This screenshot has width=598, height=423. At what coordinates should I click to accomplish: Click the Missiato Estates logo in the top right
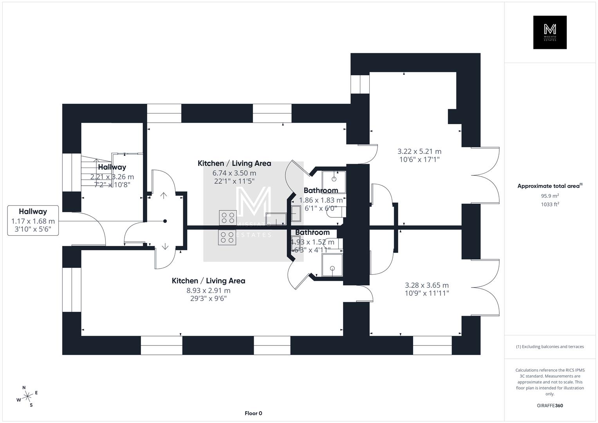[549, 32]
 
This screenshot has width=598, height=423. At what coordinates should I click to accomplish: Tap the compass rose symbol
[27, 396]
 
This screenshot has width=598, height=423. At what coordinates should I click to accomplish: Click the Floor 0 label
[253, 413]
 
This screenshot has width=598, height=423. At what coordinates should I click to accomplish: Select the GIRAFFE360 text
[549, 405]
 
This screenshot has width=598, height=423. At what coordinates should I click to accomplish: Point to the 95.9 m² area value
[549, 196]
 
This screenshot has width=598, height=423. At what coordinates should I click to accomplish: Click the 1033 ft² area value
[549, 204]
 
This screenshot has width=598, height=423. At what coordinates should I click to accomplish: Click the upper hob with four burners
[228, 217]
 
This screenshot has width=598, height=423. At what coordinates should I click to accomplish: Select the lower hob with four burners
[228, 238]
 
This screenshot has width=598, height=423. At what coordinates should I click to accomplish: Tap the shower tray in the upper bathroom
[334, 182]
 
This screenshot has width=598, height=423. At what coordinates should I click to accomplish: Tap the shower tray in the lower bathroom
[332, 265]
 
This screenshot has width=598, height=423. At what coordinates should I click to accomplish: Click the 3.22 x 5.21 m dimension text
[419, 151]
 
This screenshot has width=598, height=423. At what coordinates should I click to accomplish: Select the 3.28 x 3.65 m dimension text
[426, 285]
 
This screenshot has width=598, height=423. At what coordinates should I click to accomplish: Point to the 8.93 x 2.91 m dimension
[208, 291]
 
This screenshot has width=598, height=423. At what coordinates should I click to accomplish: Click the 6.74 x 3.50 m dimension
[234, 173]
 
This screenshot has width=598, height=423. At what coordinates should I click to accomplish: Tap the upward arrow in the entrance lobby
[164, 195]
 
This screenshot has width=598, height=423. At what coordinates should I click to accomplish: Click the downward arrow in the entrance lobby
[165, 246]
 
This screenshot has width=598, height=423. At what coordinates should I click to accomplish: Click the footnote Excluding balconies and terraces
[549, 347]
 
